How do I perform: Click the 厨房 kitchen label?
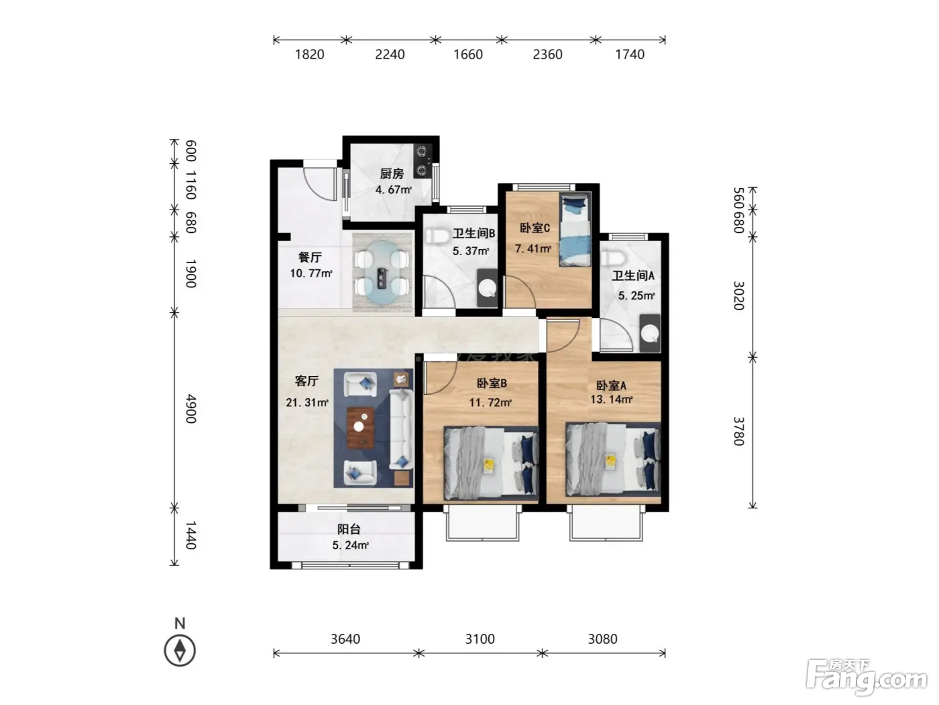[392, 173]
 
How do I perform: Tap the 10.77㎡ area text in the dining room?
[311, 273]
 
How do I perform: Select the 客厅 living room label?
[307, 381]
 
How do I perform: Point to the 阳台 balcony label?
[349, 529]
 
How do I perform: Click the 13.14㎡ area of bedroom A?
[611, 399]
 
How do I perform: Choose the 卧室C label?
[535, 228]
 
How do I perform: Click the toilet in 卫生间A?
[612, 258]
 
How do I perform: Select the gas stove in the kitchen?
[423, 160]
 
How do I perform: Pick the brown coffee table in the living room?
[361, 428]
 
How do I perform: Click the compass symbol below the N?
[180, 651]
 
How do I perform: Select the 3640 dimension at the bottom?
[345, 639]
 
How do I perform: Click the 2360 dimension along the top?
[547, 54]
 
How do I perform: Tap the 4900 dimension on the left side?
[190, 409]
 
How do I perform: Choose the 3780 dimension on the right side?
[739, 431]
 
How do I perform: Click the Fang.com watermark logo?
[867, 678]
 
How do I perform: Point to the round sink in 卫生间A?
[650, 334]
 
